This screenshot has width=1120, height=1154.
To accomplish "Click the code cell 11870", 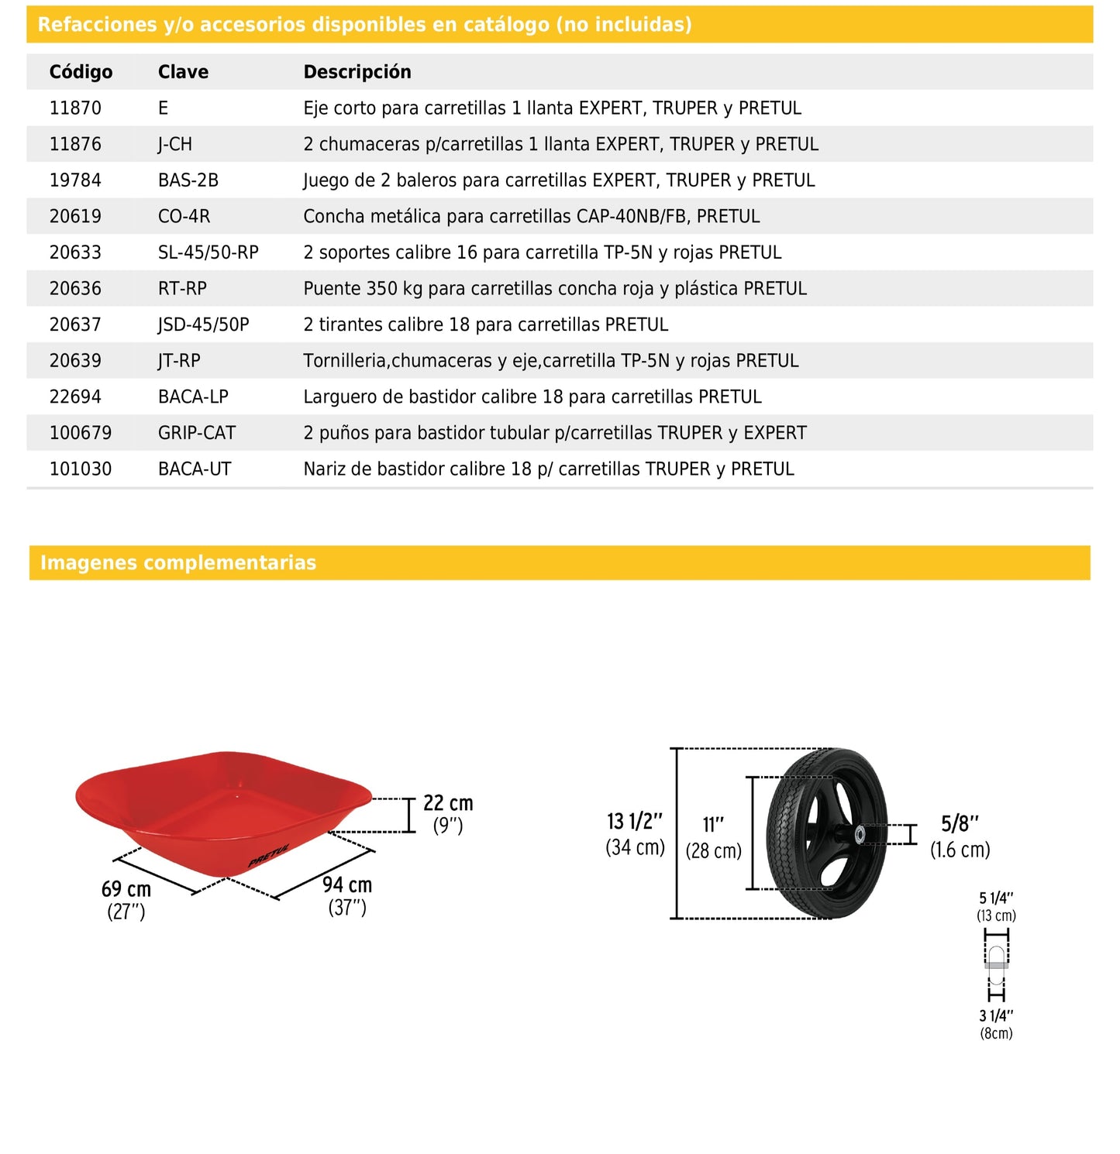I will (75, 108).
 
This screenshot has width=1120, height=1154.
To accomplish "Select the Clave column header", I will (183, 72).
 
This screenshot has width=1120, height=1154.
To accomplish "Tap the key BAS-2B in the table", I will (188, 180).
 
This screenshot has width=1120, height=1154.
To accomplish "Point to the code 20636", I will (75, 289).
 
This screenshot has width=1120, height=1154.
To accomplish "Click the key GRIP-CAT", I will (197, 433).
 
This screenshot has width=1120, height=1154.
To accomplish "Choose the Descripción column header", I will (357, 72).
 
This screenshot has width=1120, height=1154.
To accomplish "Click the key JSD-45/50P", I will (204, 325).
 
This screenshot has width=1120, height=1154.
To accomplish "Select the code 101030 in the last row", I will (81, 469).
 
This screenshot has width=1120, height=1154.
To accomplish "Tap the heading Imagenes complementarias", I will (178, 563).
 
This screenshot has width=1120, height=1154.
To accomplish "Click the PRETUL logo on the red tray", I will (269, 855).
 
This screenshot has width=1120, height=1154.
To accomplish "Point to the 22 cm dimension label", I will (448, 804).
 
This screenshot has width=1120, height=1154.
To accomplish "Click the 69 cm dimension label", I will (126, 890).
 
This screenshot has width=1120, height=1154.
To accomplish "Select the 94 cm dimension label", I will (347, 885).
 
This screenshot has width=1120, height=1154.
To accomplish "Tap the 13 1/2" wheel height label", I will (635, 822).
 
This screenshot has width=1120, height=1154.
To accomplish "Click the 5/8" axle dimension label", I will (960, 824).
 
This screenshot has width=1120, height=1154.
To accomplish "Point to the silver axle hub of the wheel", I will (860, 835).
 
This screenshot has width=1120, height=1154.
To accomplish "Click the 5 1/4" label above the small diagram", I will (996, 898).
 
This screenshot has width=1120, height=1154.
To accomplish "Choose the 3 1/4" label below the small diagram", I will (996, 1016).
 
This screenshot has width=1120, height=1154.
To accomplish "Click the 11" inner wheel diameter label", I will (713, 826).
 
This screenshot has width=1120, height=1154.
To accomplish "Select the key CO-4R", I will (184, 216).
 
